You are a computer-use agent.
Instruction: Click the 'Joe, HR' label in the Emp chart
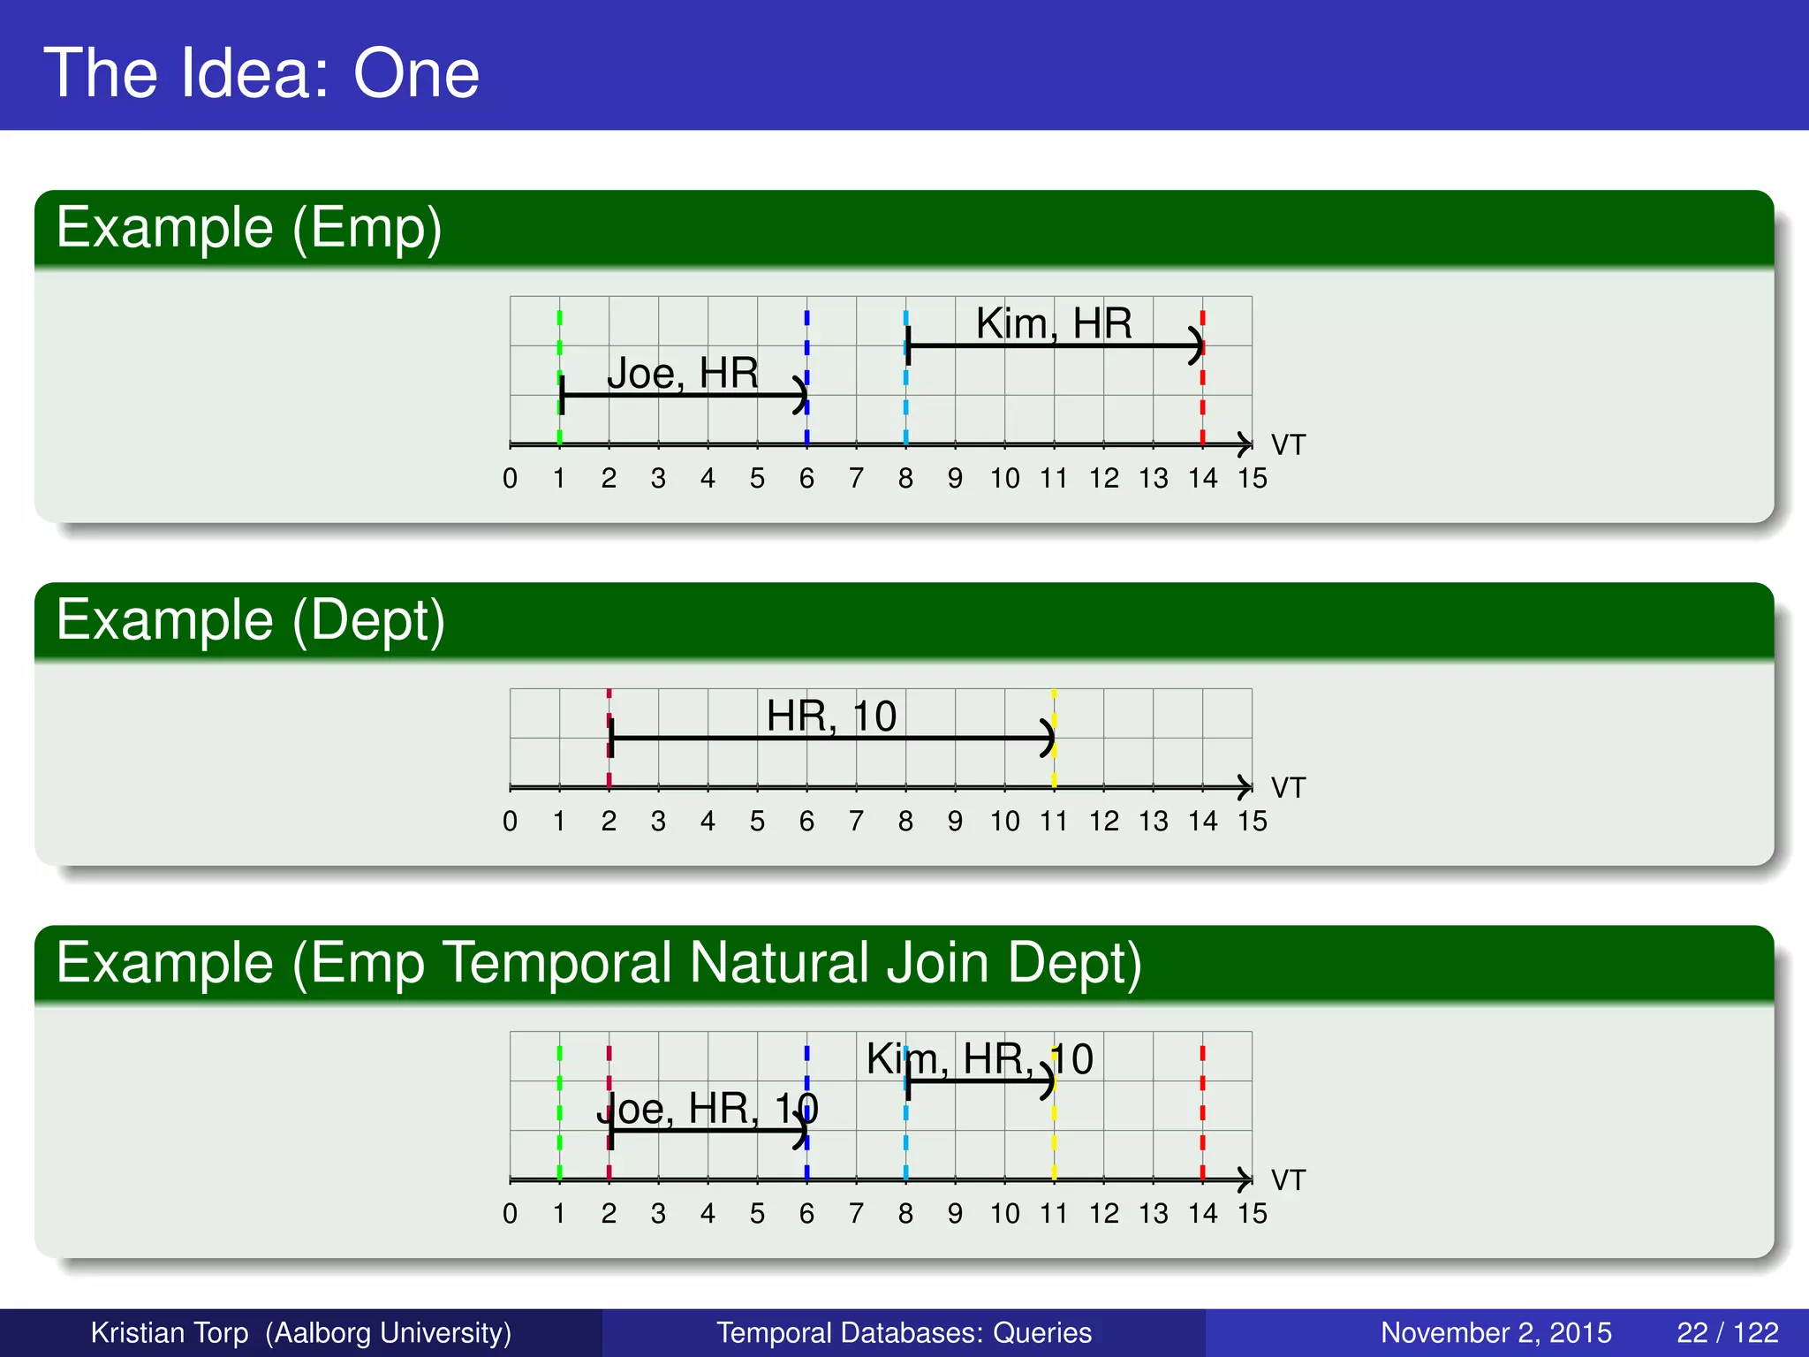(682, 373)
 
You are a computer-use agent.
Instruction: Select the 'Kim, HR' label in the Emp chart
(1053, 323)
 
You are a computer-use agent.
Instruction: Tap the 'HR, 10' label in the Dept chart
(831, 716)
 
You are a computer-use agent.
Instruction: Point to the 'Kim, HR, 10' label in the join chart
(980, 1058)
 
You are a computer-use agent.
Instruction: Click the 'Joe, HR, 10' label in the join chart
(708, 1108)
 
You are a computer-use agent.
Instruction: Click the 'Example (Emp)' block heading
(249, 228)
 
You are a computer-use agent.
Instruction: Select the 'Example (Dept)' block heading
(251, 620)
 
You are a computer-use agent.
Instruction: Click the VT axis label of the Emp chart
(1288, 445)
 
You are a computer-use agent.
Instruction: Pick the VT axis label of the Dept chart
(1288, 788)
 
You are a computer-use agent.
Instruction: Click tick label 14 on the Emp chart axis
(1202, 479)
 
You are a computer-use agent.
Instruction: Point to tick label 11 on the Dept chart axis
(1053, 822)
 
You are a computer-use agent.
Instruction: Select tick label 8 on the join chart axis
(905, 1214)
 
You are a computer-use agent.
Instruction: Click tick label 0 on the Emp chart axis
(510, 479)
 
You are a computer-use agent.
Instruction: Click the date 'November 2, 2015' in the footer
(1495, 1332)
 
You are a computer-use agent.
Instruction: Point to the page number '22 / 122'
(1727, 1332)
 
